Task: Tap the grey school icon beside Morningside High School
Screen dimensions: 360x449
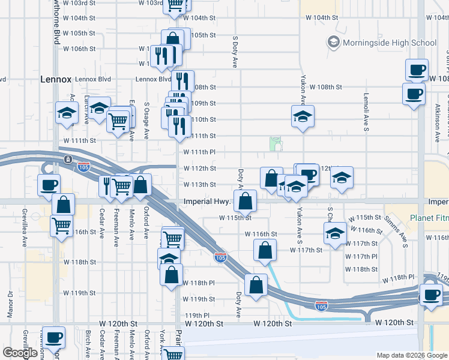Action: (333, 43)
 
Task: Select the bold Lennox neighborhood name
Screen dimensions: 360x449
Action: (56, 79)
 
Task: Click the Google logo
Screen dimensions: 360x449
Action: (20, 353)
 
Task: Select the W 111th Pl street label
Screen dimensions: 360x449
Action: (199, 152)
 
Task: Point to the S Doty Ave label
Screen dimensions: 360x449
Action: (235, 49)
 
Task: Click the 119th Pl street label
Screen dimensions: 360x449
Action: (197, 315)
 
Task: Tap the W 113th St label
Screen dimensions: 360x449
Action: (199, 185)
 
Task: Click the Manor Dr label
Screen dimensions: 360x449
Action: (10, 303)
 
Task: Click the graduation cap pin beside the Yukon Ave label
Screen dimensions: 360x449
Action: (303, 117)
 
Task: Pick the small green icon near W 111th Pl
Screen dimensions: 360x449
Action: (276, 143)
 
